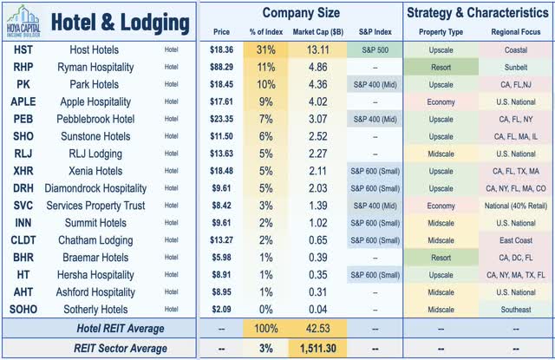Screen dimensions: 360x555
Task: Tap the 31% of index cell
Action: click(x=265, y=54)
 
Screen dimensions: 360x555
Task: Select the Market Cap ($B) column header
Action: click(x=314, y=34)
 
